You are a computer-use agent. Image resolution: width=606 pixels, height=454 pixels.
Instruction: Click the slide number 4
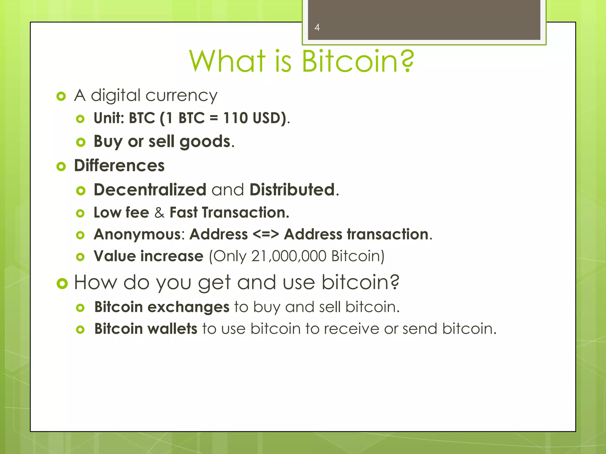coord(317,27)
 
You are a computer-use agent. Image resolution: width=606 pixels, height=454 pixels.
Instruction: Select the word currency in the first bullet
coord(181,96)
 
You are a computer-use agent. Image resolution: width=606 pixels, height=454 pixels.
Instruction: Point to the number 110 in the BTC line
coord(235,118)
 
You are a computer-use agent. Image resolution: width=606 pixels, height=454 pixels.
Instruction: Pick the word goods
coord(205,142)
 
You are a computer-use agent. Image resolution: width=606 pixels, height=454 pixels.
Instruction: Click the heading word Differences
coord(119,166)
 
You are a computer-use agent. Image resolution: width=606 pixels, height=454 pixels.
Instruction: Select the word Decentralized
coord(150,189)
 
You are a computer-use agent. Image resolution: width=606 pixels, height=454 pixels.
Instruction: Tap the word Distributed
coord(292,189)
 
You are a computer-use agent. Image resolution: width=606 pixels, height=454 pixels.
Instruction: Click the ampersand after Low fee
coord(159,213)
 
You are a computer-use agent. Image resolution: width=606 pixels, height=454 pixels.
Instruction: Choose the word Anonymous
coord(137,234)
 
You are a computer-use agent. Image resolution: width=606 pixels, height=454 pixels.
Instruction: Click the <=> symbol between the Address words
coord(266,234)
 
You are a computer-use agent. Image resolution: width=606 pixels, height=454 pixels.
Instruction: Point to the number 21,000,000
coord(289,256)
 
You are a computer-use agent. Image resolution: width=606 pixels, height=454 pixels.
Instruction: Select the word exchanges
coord(188,307)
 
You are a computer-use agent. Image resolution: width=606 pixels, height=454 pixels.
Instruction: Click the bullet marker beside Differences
coord(61,167)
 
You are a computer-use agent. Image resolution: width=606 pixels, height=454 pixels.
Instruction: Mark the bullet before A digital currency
coord(61,96)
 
